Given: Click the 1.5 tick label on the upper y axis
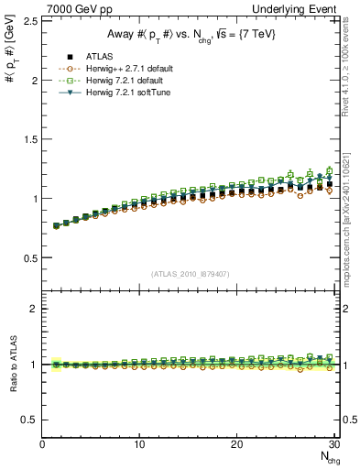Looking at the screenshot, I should tap(30, 138).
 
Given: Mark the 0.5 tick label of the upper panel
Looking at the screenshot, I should tap(30, 257).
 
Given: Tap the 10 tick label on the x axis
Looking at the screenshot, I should tap(139, 443).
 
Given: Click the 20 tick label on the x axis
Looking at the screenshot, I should tap(236, 443).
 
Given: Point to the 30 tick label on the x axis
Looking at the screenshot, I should tap(333, 443).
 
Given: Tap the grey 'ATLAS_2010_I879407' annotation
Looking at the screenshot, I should tap(191, 273).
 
